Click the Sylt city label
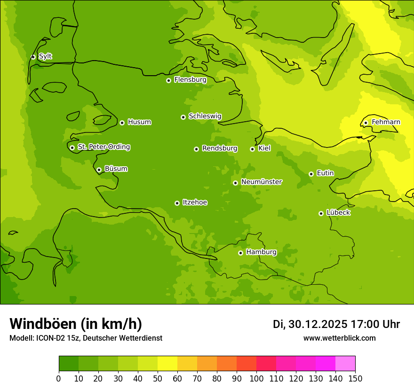click(x=45, y=56)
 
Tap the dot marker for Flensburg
click(x=168, y=80)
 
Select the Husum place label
click(x=139, y=122)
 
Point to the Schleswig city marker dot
click(x=183, y=117)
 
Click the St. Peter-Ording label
click(x=104, y=147)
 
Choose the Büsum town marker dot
click(x=99, y=170)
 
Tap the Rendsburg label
click(x=220, y=148)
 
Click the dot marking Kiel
click(x=252, y=149)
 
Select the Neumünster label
click(x=262, y=182)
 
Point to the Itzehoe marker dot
click(x=177, y=203)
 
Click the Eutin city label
click(x=325, y=173)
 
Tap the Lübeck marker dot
click(x=321, y=213)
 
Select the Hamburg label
click(x=262, y=252)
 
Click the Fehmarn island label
click(x=386, y=122)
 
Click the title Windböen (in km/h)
click(x=76, y=324)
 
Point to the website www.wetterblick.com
click(x=340, y=338)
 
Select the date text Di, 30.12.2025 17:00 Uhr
click(x=336, y=324)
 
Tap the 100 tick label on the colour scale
click(x=256, y=379)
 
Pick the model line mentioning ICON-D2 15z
click(x=86, y=338)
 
